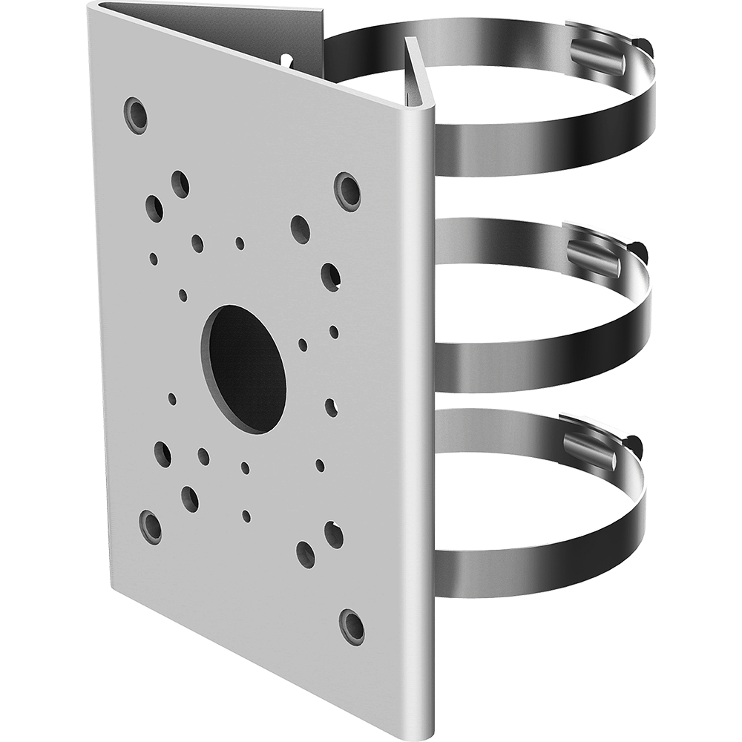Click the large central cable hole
[243, 369]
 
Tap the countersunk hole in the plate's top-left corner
[135, 115]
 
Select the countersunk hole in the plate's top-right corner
[347, 191]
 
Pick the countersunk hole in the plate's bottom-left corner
[151, 527]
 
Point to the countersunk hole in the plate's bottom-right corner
[352, 626]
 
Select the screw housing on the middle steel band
[594, 257]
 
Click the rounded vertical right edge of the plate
[424, 408]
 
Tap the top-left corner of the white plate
[92, 7]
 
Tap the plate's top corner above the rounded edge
[419, 111]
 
